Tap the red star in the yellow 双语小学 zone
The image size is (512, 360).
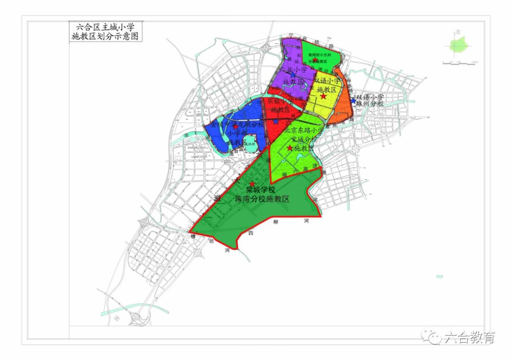pos(323,96)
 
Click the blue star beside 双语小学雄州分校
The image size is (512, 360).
pos(353,100)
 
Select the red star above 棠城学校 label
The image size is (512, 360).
pos(252,184)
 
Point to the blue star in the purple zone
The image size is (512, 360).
pos(293,75)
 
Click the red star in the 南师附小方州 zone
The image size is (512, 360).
pos(316,60)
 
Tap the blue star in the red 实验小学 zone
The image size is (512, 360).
pos(275,121)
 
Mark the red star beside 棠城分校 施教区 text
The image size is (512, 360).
pos(290,148)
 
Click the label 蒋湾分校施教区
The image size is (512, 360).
pos(262,199)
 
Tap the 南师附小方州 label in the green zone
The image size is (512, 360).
pos(321,55)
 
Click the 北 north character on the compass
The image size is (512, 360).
pos(458,32)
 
